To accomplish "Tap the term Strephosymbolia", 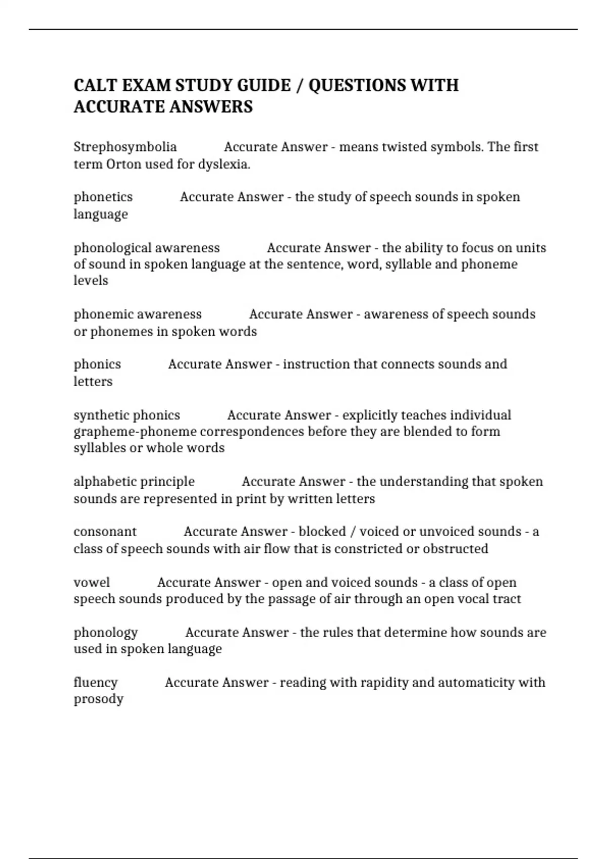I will (x=125, y=147).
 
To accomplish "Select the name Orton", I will (x=123, y=164).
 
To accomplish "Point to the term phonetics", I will (x=103, y=197).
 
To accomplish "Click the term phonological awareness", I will (x=147, y=248).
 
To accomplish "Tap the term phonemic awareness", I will (x=138, y=314).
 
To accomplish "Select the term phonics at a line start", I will (x=97, y=364).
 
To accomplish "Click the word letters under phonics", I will (x=93, y=381).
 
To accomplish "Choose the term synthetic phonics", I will (x=127, y=415).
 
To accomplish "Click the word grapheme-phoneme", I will (x=135, y=432).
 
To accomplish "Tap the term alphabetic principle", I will (x=134, y=482).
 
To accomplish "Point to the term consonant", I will (x=105, y=532).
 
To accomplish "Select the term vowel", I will (x=92, y=583).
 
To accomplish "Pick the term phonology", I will (x=106, y=633).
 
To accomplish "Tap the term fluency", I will (x=96, y=683).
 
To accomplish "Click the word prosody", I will (x=99, y=699).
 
